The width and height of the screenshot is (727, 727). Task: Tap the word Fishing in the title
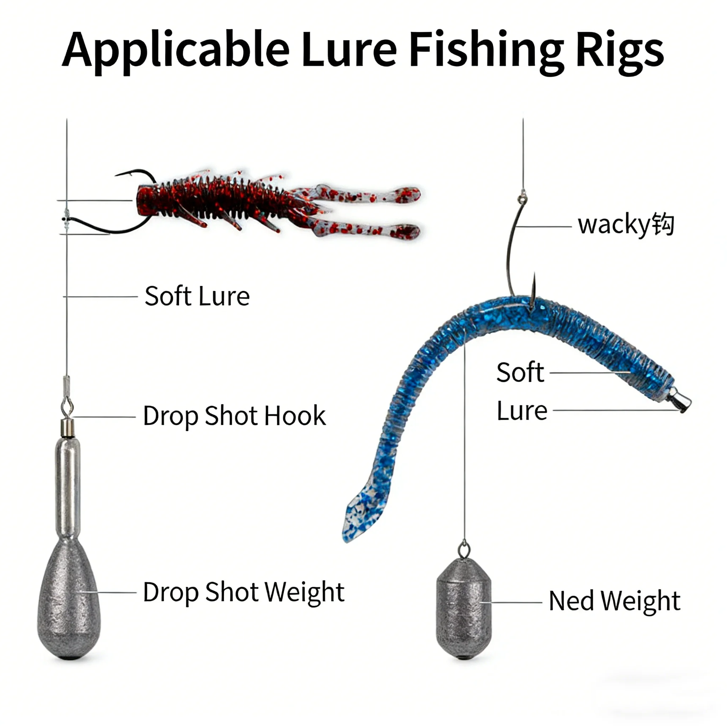[486, 51]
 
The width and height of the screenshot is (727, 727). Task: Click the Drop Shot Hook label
[234, 416]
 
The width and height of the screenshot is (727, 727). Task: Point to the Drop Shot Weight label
[244, 592]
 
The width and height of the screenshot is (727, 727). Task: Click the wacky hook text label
[626, 225]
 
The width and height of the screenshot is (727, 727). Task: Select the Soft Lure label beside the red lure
[197, 296]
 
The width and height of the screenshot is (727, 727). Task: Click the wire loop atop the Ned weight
[464, 550]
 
